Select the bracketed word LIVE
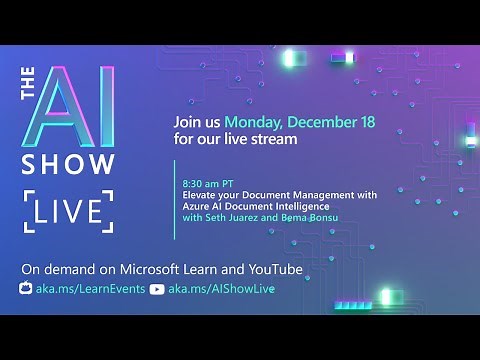pyautogui.click(x=66, y=211)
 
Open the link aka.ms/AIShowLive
pyautogui.click(x=221, y=289)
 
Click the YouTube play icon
pyautogui.click(x=156, y=289)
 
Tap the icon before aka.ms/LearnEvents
pyautogui.click(x=27, y=289)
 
